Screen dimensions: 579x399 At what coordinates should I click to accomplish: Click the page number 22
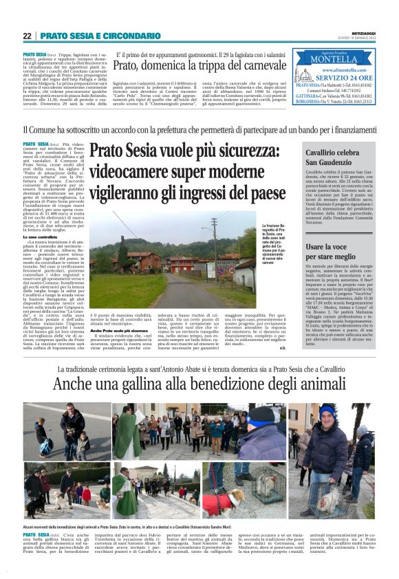coord(27,36)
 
